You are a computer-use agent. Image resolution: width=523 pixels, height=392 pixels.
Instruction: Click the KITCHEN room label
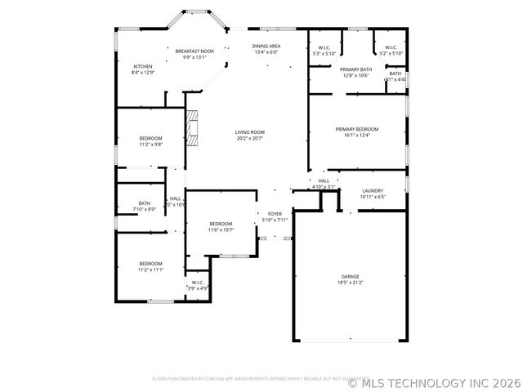click(x=143, y=66)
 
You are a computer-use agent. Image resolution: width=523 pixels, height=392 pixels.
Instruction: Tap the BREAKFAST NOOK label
click(x=194, y=51)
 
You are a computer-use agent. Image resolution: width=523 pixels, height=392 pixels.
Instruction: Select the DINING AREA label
click(x=266, y=47)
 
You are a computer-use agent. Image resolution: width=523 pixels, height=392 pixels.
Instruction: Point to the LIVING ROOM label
click(x=250, y=131)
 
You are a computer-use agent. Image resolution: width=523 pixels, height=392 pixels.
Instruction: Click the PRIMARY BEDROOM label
click(x=356, y=129)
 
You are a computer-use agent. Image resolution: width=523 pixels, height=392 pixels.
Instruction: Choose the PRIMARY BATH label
click(x=356, y=69)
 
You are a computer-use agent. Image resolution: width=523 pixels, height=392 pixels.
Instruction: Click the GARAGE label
click(x=350, y=277)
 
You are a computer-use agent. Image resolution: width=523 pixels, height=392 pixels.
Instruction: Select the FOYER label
click(x=275, y=214)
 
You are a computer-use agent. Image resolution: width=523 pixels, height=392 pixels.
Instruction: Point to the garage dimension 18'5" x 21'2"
click(x=350, y=283)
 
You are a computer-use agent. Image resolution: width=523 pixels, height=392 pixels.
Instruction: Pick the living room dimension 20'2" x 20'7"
click(x=250, y=138)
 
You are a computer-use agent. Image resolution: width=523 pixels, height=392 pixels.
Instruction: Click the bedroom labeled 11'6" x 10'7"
click(x=221, y=224)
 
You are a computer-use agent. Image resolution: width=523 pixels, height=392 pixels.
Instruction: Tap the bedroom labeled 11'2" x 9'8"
click(x=150, y=138)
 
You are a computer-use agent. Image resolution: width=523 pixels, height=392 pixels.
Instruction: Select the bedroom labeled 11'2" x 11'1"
click(x=150, y=263)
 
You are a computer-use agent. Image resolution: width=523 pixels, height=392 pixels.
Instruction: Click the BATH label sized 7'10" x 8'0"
click(x=145, y=203)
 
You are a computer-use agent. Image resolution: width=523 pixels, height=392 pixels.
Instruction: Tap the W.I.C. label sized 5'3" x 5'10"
click(x=324, y=48)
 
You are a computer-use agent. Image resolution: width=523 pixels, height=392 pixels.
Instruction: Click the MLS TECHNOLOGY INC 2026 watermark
click(x=433, y=381)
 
